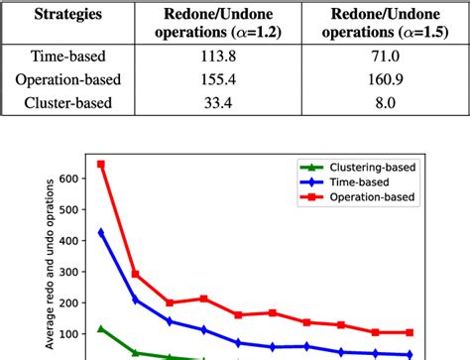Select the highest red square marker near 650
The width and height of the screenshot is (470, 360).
click(x=101, y=165)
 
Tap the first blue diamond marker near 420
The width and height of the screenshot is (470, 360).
click(x=101, y=234)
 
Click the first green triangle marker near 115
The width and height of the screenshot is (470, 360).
click(x=101, y=329)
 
